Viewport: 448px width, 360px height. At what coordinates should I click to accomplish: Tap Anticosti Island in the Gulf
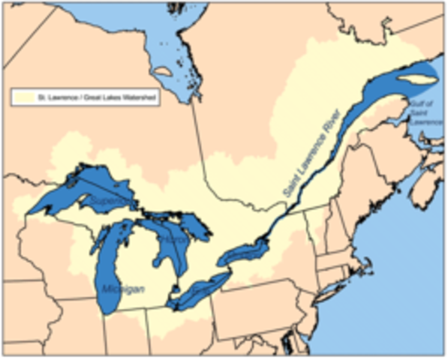(411, 77)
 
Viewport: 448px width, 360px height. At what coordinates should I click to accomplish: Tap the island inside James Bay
(162, 72)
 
